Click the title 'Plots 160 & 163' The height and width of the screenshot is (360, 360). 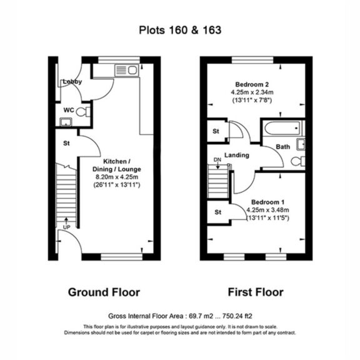180,29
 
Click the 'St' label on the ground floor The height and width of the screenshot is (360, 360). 66,143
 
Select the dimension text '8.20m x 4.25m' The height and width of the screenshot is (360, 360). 117,177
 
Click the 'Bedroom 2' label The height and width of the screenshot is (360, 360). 252,85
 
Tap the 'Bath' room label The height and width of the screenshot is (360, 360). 283,147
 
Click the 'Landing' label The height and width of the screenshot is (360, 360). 237,155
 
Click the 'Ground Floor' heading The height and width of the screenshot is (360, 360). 104,292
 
